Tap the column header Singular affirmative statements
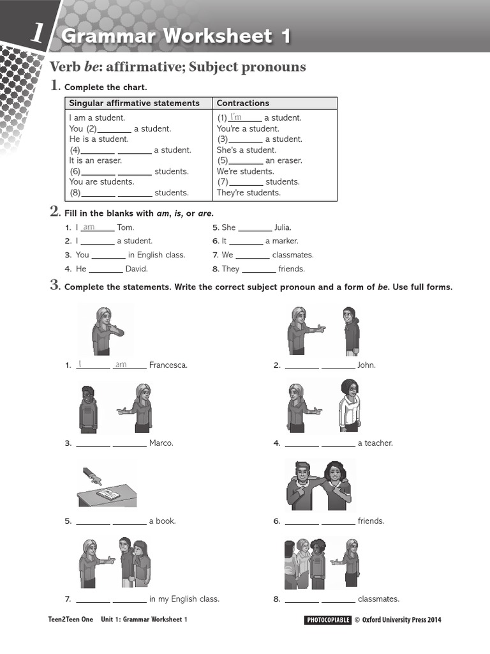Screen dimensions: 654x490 pyautogui.click(x=134, y=103)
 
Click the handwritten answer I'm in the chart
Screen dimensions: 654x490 pyautogui.click(x=236, y=117)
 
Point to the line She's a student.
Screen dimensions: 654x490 pyautogui.click(x=246, y=150)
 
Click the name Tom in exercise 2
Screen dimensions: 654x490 pyautogui.click(x=126, y=227)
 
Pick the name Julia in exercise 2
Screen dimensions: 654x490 pyautogui.click(x=282, y=227)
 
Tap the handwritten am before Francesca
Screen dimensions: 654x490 pyautogui.click(x=121, y=365)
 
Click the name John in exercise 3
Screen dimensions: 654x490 pyautogui.click(x=366, y=365)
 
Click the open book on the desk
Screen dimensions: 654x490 pyautogui.click(x=109, y=494)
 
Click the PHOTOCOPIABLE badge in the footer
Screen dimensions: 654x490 pyautogui.click(x=328, y=620)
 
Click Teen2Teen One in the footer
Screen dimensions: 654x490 pyautogui.click(x=70, y=620)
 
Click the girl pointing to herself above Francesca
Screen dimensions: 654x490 pyautogui.click(x=104, y=331)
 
